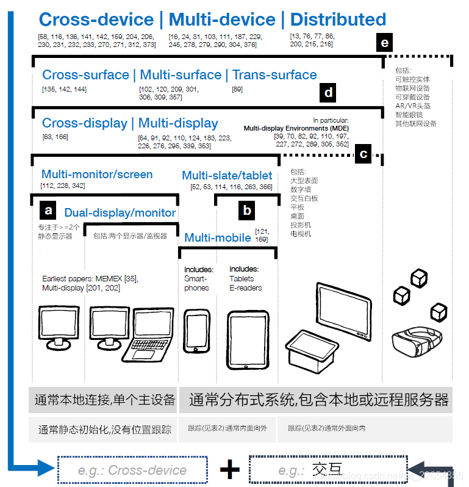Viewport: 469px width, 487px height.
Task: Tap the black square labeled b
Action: point(246,211)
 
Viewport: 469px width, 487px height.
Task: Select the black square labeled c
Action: point(363,154)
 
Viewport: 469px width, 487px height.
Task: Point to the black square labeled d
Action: point(329,93)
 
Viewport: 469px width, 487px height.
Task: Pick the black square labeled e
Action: point(384,43)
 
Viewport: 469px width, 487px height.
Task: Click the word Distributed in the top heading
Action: point(338,20)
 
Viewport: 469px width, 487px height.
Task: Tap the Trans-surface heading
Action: point(274,75)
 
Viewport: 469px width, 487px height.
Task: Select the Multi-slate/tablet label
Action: point(227,176)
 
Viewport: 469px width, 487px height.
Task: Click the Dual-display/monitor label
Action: point(120,213)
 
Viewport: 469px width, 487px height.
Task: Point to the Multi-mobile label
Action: point(218,238)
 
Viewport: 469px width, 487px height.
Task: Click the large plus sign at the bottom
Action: point(230,470)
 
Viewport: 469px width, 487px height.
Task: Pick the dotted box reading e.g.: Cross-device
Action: point(132,470)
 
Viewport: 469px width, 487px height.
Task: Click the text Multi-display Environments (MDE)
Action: point(296,129)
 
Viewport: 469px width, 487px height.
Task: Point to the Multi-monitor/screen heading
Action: point(97,175)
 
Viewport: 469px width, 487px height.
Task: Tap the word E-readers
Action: point(246,288)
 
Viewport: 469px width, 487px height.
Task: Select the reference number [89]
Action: point(238,90)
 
